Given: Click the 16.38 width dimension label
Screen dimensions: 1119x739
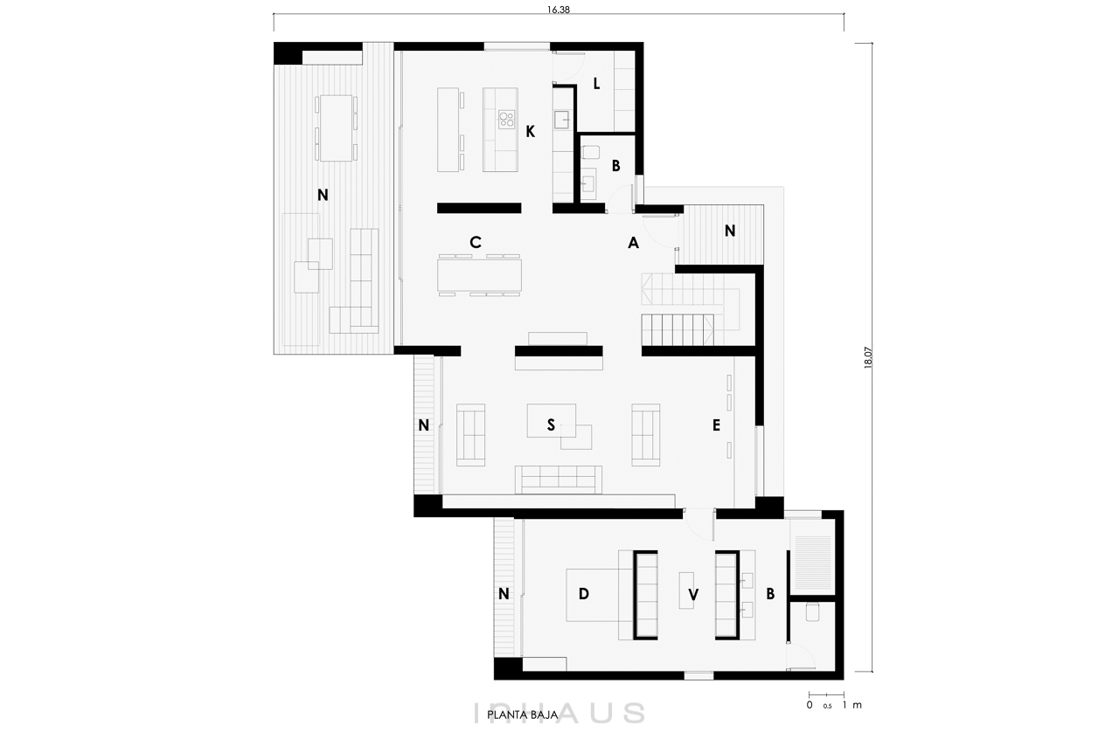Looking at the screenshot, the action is click(559, 10).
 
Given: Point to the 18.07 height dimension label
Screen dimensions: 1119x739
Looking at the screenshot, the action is click(868, 358).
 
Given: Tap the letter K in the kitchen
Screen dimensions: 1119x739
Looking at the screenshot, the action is click(530, 131).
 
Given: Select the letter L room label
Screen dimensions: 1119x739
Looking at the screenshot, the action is click(596, 84).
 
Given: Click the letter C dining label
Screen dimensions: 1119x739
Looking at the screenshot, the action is click(475, 242).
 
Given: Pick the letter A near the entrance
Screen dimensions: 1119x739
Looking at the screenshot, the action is click(633, 243).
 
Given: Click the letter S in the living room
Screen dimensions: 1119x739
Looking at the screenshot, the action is click(551, 425).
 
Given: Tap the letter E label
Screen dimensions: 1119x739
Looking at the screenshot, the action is click(716, 425).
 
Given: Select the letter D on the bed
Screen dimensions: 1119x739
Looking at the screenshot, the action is click(583, 594).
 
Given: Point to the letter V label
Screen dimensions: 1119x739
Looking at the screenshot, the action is click(693, 594).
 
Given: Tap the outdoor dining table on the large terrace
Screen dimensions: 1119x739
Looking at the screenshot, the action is click(336, 128).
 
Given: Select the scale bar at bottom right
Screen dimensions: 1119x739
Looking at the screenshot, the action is click(826, 694).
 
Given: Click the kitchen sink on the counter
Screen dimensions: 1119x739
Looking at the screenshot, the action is click(562, 120).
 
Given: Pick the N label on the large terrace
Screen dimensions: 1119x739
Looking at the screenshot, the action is click(323, 196).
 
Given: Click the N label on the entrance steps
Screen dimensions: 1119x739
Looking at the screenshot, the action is click(730, 231).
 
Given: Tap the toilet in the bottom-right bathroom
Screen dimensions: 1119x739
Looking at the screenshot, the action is click(812, 612).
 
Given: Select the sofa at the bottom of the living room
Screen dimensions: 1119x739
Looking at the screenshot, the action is click(559, 480).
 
